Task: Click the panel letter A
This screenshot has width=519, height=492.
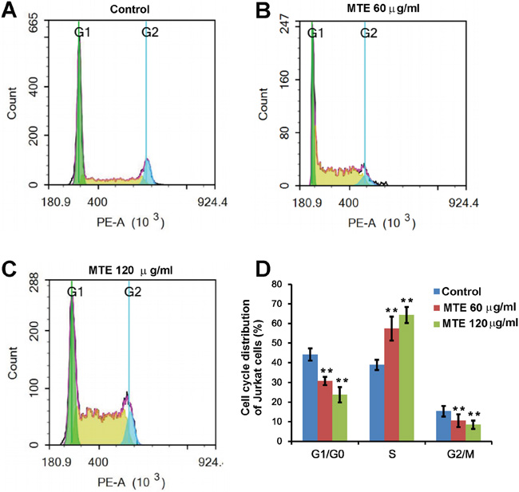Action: (10, 10)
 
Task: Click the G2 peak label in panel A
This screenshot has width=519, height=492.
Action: (150, 33)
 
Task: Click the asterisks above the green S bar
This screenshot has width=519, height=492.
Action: (407, 301)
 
